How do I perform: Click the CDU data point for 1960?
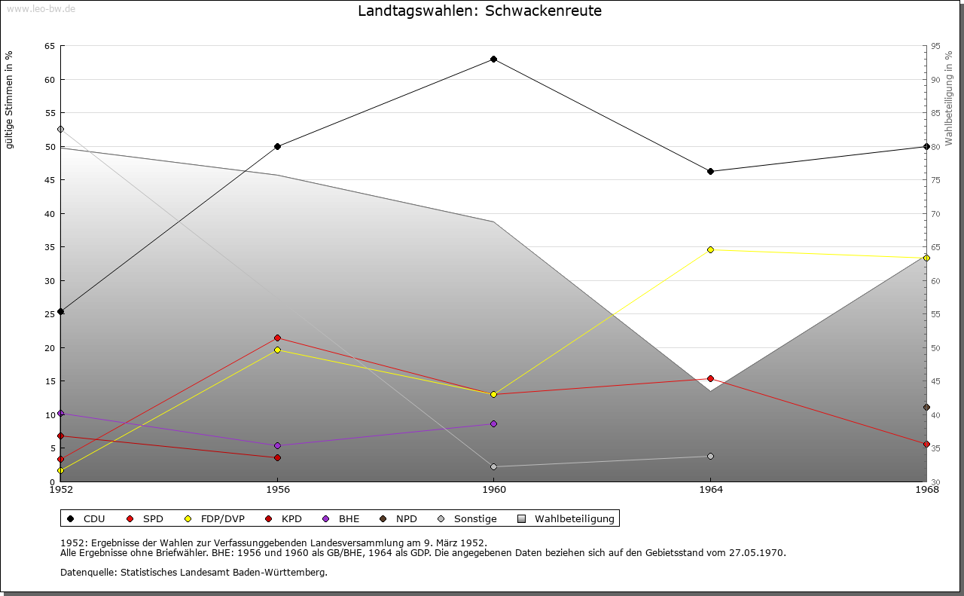pyautogui.click(x=493, y=59)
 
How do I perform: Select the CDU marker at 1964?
pyautogui.click(x=710, y=171)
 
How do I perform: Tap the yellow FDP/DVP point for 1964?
pyautogui.click(x=710, y=249)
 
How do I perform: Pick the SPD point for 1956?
pyautogui.click(x=277, y=338)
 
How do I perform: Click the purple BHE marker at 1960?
pyautogui.click(x=493, y=423)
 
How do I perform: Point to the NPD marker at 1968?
pyautogui.click(x=926, y=407)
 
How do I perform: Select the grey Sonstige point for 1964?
pyautogui.click(x=710, y=456)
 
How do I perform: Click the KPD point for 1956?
pyautogui.click(x=277, y=457)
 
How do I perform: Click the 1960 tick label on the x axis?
pyautogui.click(x=493, y=491)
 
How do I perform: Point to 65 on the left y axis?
pyautogui.click(x=49, y=46)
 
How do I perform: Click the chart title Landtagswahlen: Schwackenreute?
pyautogui.click(x=480, y=11)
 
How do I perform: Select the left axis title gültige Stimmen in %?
pyautogui.click(x=10, y=99)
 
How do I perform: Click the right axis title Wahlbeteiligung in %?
pyautogui.click(x=948, y=98)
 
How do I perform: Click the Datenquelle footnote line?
pyautogui.click(x=194, y=572)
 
